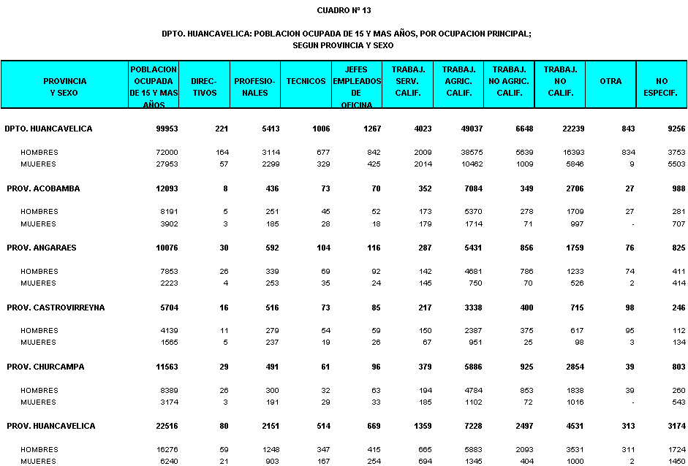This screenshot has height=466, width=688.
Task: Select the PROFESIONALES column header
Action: click(x=254, y=87)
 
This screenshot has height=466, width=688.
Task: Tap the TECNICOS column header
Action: click(x=306, y=81)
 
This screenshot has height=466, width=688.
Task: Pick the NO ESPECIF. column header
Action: click(x=661, y=87)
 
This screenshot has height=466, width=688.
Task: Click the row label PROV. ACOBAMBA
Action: click(x=43, y=188)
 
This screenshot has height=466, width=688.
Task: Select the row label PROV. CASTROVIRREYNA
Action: click(x=56, y=308)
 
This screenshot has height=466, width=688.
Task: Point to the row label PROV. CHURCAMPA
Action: click(x=47, y=367)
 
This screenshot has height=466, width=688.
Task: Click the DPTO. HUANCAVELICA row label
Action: click(x=48, y=129)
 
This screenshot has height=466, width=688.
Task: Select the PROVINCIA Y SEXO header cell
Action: click(x=64, y=87)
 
